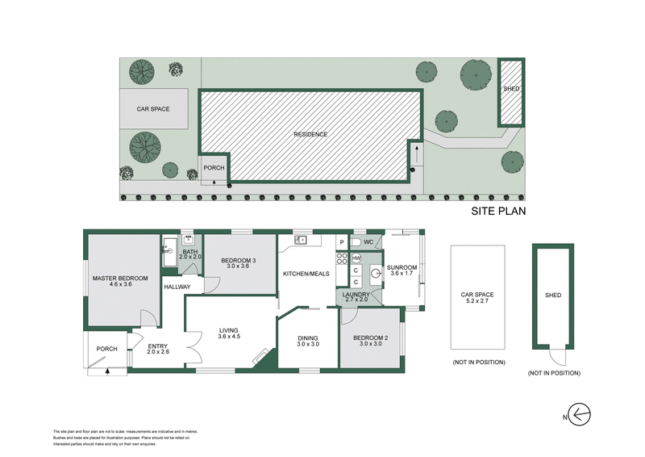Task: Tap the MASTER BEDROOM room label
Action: click(111, 279)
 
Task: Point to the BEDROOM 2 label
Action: click(370, 338)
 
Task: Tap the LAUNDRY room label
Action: click(356, 295)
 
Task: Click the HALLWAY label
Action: click(177, 287)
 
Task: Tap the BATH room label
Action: click(190, 252)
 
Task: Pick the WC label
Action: click(368, 242)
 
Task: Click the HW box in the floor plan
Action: click(356, 258)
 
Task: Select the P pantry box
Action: click(341, 242)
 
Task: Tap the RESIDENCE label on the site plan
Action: click(310, 134)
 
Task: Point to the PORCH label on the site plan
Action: click(214, 168)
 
